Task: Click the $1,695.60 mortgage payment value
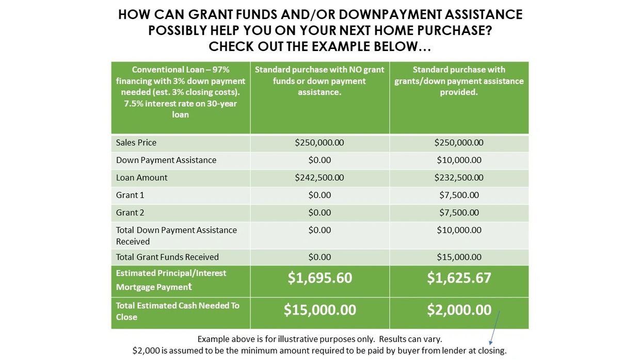click(319, 278)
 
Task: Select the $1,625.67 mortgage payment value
click(459, 278)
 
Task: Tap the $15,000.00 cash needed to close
click(319, 309)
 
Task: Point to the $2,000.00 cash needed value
click(459, 309)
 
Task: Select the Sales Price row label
click(136, 142)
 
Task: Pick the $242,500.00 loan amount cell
click(319, 177)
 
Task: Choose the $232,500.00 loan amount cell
click(459, 177)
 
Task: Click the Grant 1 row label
click(130, 195)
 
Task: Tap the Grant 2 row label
click(130, 212)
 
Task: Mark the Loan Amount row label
click(142, 177)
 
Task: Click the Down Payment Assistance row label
click(166, 160)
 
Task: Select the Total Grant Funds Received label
click(167, 257)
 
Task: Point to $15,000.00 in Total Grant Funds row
click(459, 257)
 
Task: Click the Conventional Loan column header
click(181, 92)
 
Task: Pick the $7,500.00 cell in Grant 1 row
click(459, 195)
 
